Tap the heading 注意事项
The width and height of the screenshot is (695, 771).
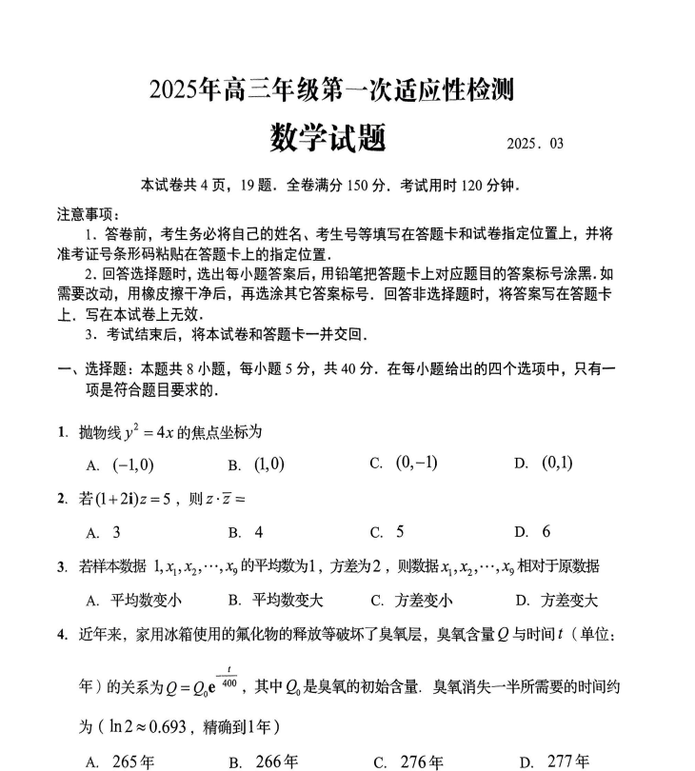tap(85, 214)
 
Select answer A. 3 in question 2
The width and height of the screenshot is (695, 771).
tap(104, 532)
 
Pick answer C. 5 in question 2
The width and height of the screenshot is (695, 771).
tap(388, 532)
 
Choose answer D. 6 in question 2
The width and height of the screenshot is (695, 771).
tap(533, 532)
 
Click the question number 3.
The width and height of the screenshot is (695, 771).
tap(61, 567)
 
